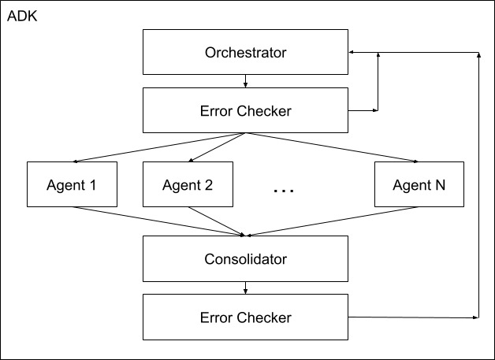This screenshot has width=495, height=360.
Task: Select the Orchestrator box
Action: pyautogui.click(x=245, y=54)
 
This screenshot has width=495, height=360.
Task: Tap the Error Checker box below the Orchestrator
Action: pyautogui.click(x=245, y=111)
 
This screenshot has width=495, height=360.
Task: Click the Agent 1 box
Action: pyautogui.click(x=72, y=186)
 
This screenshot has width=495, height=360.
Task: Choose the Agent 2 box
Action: pyautogui.click(x=188, y=186)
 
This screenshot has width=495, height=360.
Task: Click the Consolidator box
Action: pyautogui.click(x=245, y=258)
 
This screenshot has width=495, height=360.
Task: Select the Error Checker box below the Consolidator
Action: pyautogui.click(x=245, y=317)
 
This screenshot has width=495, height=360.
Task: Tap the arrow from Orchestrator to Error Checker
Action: pyautogui.click(x=246, y=81)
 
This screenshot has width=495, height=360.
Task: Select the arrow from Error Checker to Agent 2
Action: pyautogui.click(x=218, y=147)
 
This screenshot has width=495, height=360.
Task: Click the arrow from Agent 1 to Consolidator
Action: pyautogui.click(x=158, y=221)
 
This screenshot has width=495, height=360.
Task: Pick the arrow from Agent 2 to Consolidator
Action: pyautogui.click(x=217, y=221)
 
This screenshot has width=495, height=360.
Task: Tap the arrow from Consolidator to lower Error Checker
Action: pyautogui.click(x=246, y=288)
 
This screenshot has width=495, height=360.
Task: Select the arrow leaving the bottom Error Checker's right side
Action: pyautogui.click(x=414, y=317)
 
